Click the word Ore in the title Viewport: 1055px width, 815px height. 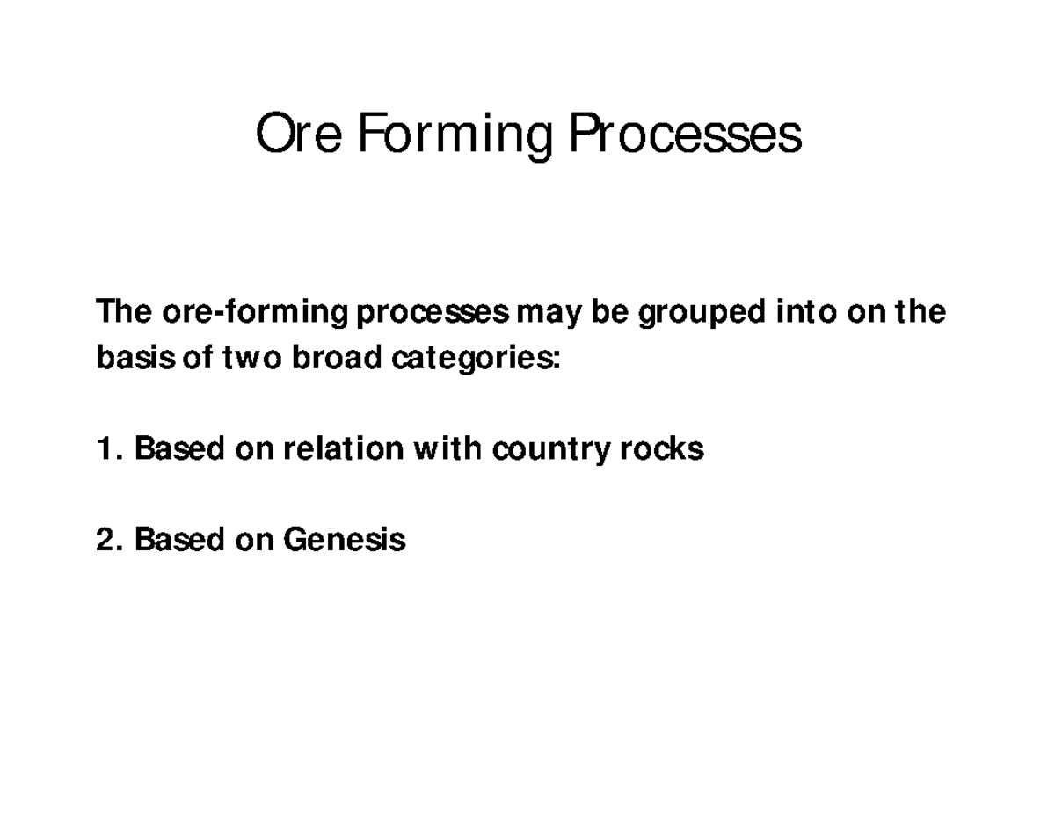[297, 135]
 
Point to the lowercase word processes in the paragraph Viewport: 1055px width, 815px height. [433, 312]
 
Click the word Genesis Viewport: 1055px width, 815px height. [344, 539]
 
